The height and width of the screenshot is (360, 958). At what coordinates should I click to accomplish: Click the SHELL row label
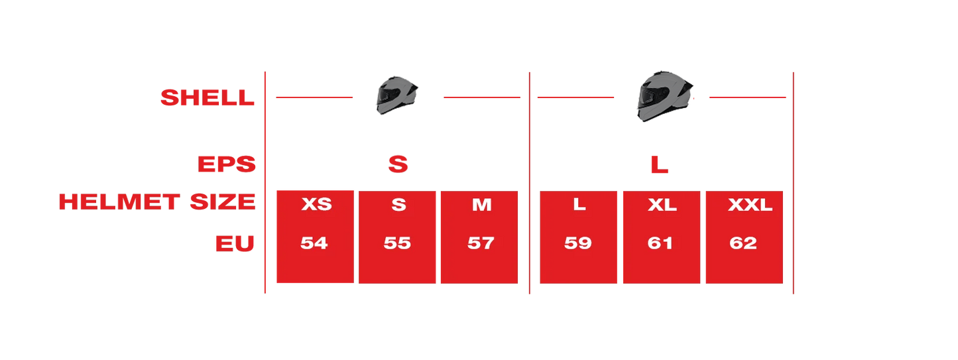pos(208,98)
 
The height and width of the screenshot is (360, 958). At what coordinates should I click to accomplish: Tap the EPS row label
pos(227,164)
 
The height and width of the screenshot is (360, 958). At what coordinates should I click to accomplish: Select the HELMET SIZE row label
pos(157,202)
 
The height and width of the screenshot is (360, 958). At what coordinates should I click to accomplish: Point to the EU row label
pos(235,244)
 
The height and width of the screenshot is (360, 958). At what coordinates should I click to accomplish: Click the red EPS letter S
pos(398,164)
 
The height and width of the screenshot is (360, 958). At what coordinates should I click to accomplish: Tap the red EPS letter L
pos(659,165)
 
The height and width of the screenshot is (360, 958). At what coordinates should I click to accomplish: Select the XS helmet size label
pos(316,205)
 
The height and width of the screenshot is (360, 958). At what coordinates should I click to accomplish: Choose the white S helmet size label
pos(398,205)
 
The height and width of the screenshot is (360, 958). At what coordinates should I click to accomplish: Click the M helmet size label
pos(482,205)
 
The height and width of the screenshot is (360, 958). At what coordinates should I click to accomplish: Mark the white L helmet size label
pos(579,204)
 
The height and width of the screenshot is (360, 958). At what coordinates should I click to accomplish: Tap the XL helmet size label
pos(662,205)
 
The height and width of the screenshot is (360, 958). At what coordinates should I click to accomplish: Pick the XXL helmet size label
pos(750,205)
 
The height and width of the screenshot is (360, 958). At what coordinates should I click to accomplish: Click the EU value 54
pos(314,243)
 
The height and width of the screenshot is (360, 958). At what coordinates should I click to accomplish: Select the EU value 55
pos(397,243)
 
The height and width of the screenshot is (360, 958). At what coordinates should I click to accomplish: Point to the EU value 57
pos(480,243)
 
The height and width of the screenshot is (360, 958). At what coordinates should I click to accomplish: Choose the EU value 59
pos(578,243)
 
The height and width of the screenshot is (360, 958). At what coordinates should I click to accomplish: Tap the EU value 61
pos(660,243)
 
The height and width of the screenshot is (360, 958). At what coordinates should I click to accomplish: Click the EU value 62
pos(743,243)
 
